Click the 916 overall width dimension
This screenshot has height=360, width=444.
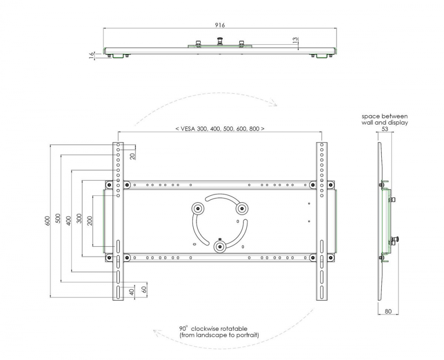(220, 25)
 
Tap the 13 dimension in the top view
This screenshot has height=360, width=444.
(295, 40)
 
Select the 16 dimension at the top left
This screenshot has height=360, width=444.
(91, 55)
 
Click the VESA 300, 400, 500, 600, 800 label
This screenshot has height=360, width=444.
(220, 129)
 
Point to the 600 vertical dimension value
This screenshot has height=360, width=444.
(48, 221)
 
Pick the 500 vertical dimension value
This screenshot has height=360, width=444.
(58, 218)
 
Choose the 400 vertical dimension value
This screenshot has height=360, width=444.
(68, 221)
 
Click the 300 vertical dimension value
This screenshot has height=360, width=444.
(79, 218)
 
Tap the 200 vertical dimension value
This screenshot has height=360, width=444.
(90, 221)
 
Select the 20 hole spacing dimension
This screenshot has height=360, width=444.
(132, 156)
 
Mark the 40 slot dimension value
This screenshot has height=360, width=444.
(132, 292)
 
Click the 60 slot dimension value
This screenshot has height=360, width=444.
(144, 289)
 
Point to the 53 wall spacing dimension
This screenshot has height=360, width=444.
(385, 129)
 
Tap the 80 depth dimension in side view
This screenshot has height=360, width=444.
(388, 311)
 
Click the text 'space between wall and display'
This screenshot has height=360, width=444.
(385, 119)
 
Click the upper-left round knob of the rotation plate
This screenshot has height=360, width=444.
(198, 209)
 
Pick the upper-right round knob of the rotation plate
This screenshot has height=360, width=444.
(242, 209)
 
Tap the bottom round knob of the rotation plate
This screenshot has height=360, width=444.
(220, 247)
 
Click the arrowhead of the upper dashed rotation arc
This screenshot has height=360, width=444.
(274, 103)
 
